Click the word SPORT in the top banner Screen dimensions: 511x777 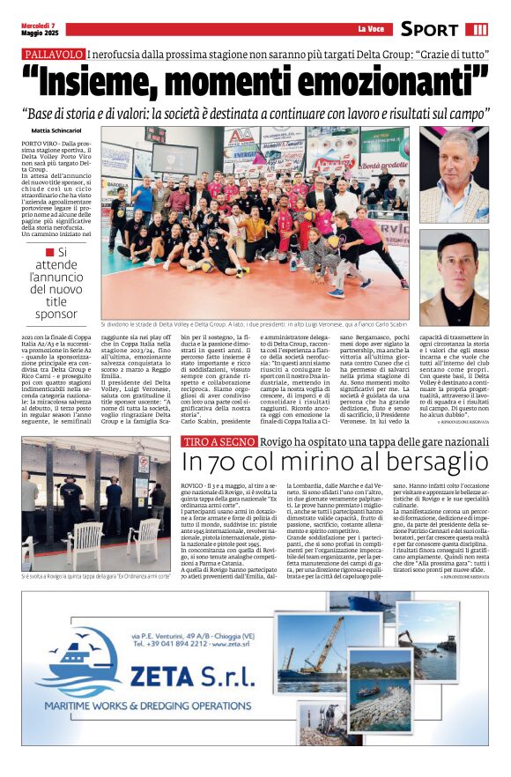(429, 29)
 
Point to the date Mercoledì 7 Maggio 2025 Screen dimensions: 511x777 (39, 28)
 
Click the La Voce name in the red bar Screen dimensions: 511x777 (368, 29)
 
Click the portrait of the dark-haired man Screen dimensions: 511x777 (453, 277)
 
